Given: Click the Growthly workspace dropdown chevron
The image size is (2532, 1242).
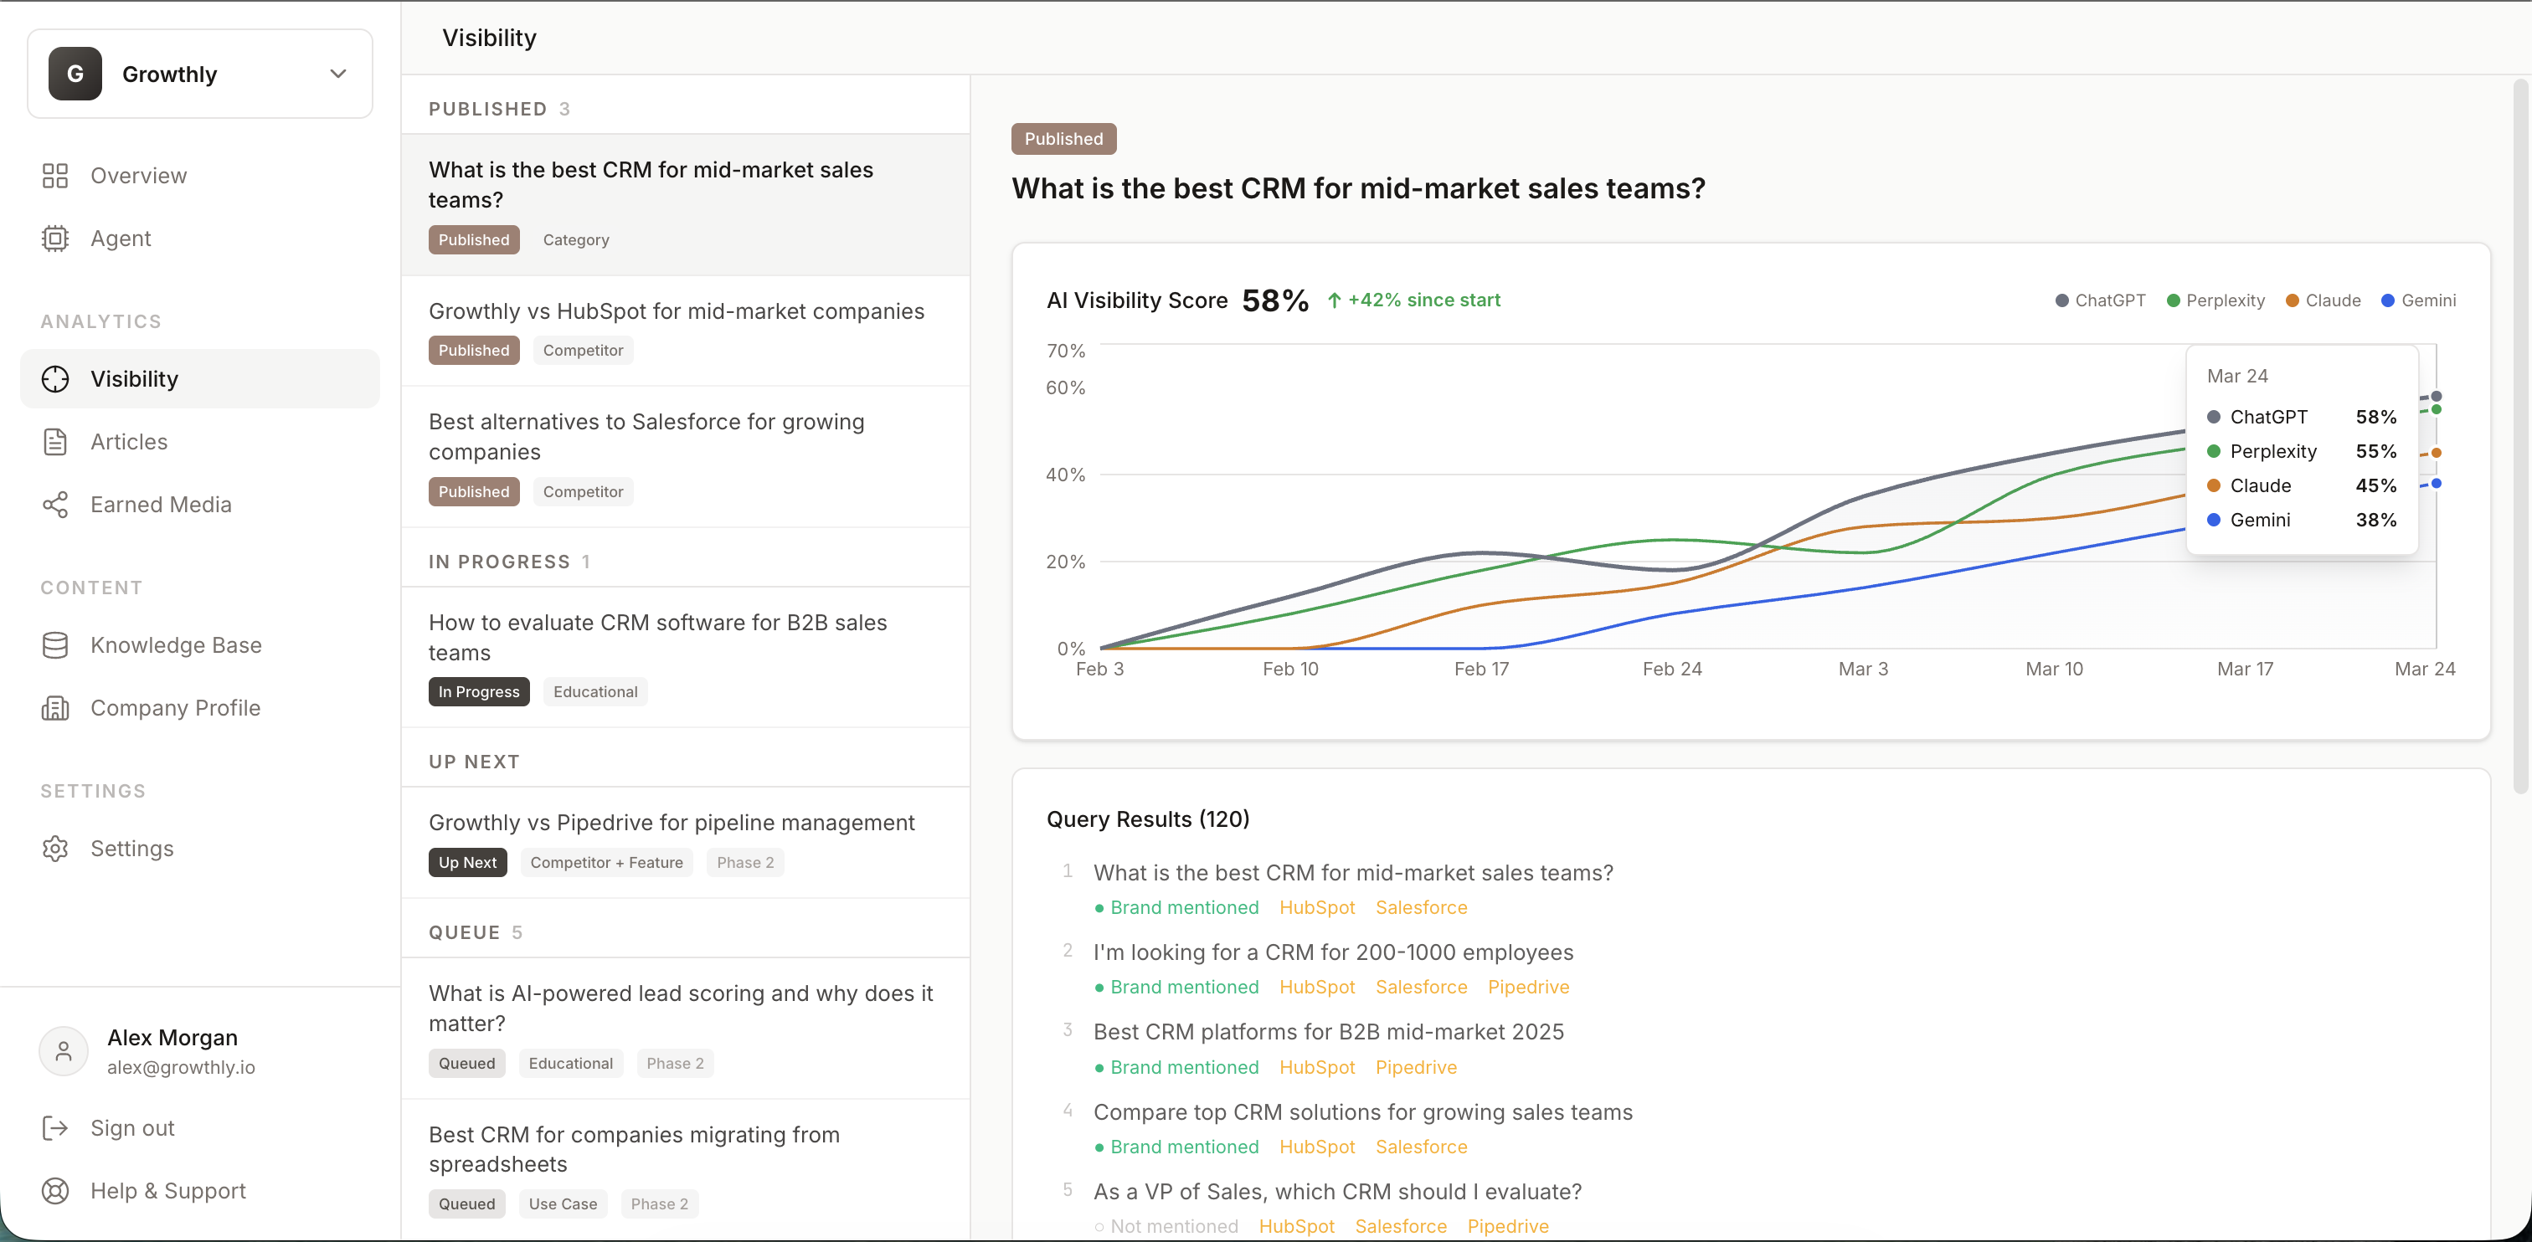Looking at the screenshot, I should tap(338, 74).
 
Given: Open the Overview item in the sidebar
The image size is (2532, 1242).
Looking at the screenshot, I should tap(137, 176).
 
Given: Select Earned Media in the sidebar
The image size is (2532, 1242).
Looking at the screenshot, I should tap(160, 505).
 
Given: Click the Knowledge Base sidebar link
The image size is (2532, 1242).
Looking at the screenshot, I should tap(175, 645).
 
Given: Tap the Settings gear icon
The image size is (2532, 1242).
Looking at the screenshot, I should tap(55, 849).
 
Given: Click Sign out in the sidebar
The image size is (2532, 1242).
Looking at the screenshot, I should tap(131, 1128).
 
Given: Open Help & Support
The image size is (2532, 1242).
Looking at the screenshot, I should tap(167, 1191).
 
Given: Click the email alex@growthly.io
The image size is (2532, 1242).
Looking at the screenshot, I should tap(181, 1068).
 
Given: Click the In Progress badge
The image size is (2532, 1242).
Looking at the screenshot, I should tap(479, 692).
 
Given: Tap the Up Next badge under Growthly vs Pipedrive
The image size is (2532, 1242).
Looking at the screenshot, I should tap(467, 863).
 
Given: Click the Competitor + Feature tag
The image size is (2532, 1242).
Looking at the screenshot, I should tap(605, 863).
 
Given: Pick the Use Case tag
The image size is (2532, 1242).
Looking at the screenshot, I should tap(562, 1204).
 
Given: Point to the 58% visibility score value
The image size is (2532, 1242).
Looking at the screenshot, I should tap(1275, 300).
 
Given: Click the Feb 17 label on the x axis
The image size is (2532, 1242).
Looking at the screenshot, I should tap(1480, 670).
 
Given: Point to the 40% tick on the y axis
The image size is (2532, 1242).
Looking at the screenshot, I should tap(1066, 475).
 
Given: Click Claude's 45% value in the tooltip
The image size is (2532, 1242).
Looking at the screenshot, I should tap(2375, 486).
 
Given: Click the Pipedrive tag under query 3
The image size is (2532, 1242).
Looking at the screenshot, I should tap(1415, 1068).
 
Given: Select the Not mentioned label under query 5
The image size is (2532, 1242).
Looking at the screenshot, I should tap(1172, 1227).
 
